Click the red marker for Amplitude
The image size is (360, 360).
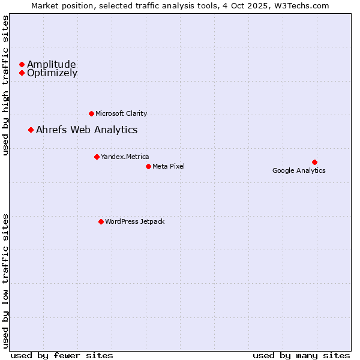[x=22, y=64]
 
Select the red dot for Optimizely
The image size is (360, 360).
[x=22, y=73]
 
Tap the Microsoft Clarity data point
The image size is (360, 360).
[x=91, y=113]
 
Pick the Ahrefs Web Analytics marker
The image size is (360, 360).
[x=31, y=130]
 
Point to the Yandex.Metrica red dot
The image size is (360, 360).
[x=97, y=157]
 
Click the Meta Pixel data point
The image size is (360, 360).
[x=148, y=166]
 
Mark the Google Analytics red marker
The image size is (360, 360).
[x=314, y=162]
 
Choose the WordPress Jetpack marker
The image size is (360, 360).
[x=101, y=221]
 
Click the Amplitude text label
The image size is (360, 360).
[x=52, y=64]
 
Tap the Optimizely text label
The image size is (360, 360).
[x=52, y=73]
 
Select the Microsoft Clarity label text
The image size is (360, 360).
[x=121, y=113]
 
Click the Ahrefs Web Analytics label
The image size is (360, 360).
[x=87, y=130]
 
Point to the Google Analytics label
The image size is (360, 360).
[x=299, y=170]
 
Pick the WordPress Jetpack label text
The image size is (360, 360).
[x=135, y=221]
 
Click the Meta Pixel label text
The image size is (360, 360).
[x=169, y=166]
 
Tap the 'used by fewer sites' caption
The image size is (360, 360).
[x=62, y=355]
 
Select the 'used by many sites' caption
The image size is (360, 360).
[x=301, y=355]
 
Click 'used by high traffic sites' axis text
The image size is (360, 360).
[x=6, y=86]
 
